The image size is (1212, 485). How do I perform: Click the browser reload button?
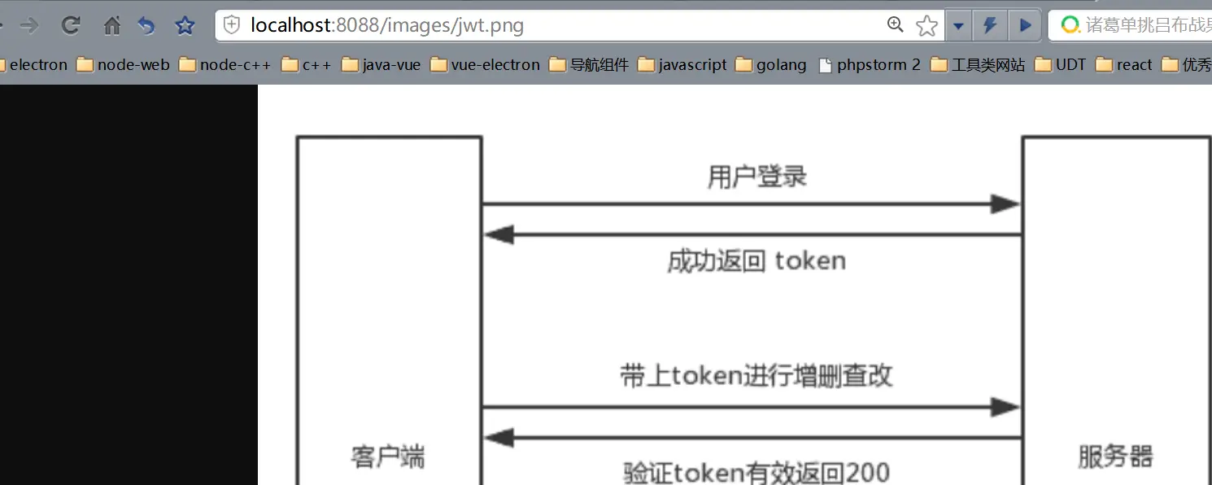[71, 26]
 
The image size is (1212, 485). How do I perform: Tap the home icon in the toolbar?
[111, 26]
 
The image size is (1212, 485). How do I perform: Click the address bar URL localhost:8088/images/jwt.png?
[387, 26]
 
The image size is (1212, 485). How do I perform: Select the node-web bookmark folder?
[124, 64]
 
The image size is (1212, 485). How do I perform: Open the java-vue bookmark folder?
[381, 64]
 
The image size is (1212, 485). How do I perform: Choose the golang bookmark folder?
[771, 64]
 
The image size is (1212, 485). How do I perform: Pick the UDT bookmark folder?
[1060, 64]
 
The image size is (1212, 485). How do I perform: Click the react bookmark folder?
[1124, 64]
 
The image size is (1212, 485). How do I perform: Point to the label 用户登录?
[757, 177]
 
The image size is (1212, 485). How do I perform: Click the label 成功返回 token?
[756, 261]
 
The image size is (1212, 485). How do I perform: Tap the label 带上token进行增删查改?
[756, 376]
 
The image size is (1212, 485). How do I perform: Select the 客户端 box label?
[388, 457]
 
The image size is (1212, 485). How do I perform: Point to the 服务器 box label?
[1115, 457]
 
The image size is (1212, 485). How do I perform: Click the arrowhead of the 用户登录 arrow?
[1005, 204]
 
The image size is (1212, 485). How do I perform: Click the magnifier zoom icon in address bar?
[895, 25]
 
